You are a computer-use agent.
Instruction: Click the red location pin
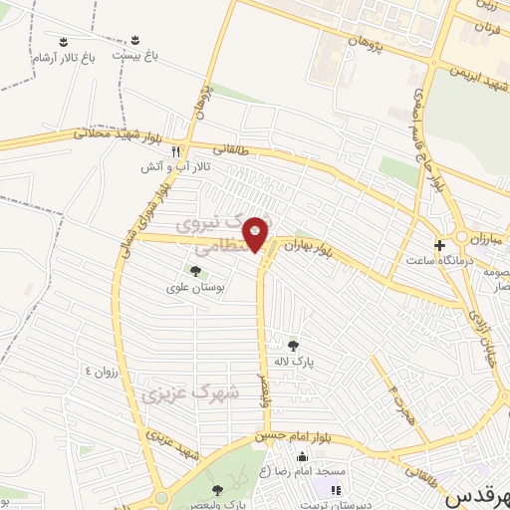[x=256, y=234]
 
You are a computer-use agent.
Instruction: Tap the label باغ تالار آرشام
[x=64, y=59]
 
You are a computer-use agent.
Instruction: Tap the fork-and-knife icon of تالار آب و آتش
[x=175, y=151]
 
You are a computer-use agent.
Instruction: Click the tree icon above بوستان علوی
[x=195, y=271]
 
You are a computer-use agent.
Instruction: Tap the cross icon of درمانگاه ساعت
[x=439, y=244]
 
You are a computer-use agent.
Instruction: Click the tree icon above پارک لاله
[x=291, y=346]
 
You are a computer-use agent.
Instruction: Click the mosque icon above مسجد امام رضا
[x=303, y=456]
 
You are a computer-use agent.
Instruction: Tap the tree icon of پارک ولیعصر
[x=217, y=490]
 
